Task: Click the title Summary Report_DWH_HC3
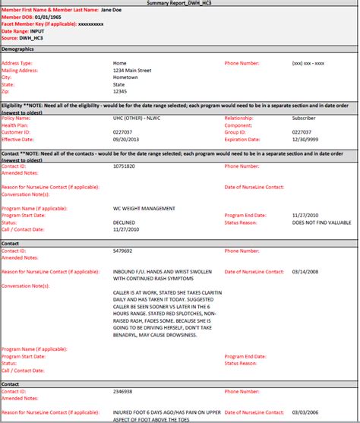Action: (x=180, y=4)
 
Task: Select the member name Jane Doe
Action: (x=113, y=11)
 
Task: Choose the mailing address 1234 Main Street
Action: (x=132, y=70)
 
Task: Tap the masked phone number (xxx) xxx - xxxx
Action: (x=308, y=63)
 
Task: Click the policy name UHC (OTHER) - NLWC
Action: (x=140, y=118)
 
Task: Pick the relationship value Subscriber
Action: (x=306, y=118)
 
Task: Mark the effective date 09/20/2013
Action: (x=126, y=140)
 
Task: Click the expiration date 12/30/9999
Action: (x=307, y=140)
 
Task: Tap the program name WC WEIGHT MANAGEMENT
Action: (x=144, y=207)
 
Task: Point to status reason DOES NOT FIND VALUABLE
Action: (x=323, y=221)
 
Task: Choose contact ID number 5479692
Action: (x=123, y=249)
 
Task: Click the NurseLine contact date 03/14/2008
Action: (x=307, y=270)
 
